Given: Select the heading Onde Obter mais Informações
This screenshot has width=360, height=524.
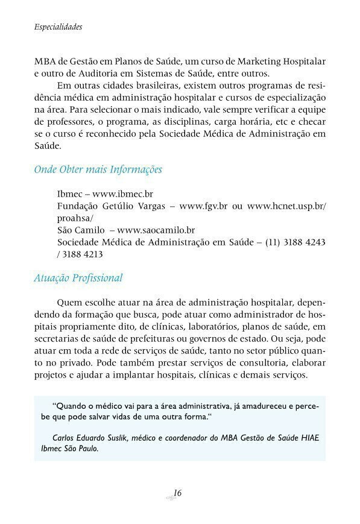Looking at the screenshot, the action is click(x=98, y=169).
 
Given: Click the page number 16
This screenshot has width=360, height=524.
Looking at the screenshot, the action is click(x=177, y=493).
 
